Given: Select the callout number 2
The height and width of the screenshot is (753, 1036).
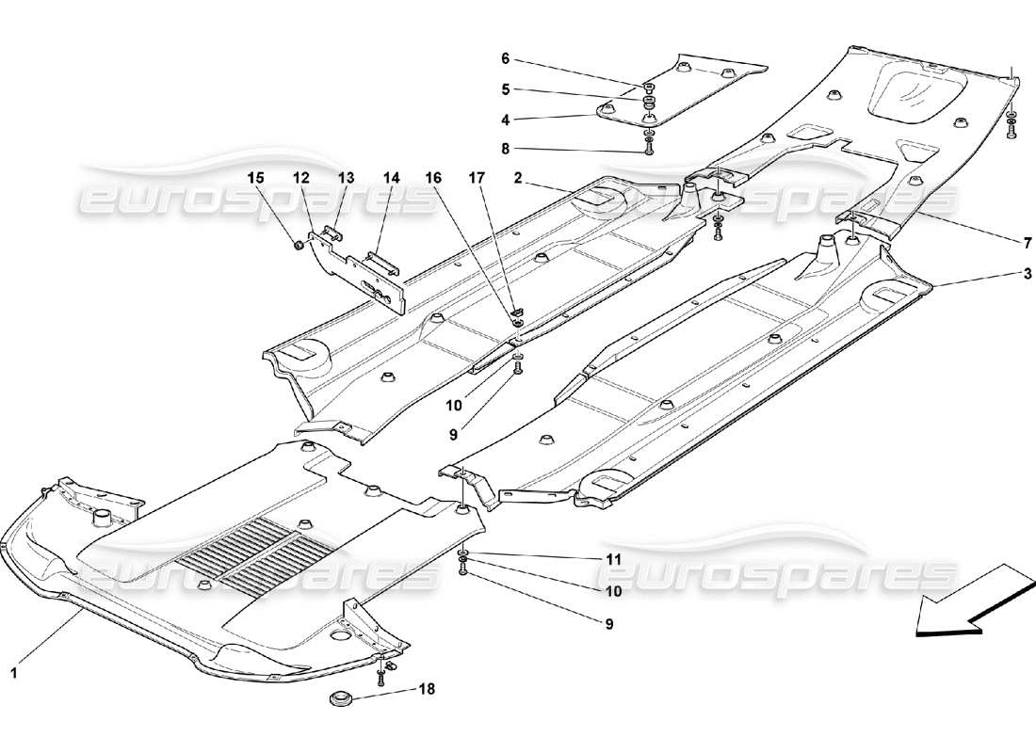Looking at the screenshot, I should [543, 177].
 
